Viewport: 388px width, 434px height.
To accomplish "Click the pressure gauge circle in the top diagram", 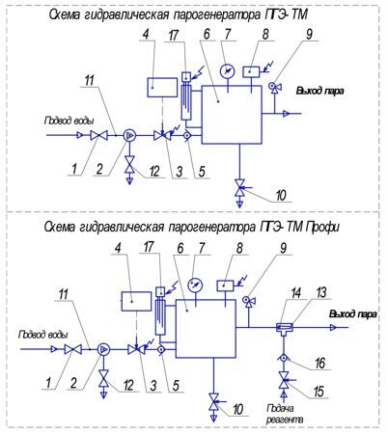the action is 228,71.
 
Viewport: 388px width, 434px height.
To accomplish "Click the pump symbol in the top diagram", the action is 129,136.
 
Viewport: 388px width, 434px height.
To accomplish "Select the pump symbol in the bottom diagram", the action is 103,349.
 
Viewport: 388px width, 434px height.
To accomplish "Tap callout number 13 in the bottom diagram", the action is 321,292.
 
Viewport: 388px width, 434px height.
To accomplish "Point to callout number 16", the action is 320,363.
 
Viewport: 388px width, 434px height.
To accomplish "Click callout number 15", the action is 319,392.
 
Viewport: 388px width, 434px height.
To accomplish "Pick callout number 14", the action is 296,293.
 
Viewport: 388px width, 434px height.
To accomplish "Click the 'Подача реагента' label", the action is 285,414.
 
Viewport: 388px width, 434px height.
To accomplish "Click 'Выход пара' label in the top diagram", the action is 319,91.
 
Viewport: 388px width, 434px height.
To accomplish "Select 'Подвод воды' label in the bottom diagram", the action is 43,335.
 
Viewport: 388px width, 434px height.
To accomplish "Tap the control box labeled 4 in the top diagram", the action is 162,87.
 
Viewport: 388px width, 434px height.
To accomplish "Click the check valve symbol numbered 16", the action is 284,358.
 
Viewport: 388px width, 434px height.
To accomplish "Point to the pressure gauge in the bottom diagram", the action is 195,285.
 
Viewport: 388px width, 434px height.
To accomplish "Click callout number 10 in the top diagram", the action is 281,195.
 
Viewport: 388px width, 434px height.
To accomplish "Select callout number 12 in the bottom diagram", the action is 128,385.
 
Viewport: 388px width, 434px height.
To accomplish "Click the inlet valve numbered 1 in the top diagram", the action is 98,136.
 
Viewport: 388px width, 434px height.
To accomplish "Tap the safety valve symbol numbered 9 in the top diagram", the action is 275,87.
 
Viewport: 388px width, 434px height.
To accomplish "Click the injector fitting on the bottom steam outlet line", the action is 285,329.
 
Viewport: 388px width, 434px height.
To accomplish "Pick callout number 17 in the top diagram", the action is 174,36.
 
